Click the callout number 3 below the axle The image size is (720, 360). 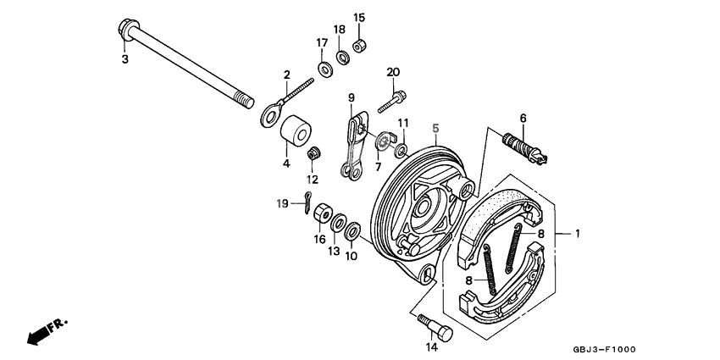click(125, 59)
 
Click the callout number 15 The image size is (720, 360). click(359, 18)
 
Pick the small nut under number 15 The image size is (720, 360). click(359, 45)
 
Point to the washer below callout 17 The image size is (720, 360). click(325, 68)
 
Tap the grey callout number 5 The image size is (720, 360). click(435, 128)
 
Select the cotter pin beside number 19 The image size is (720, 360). click(306, 202)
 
